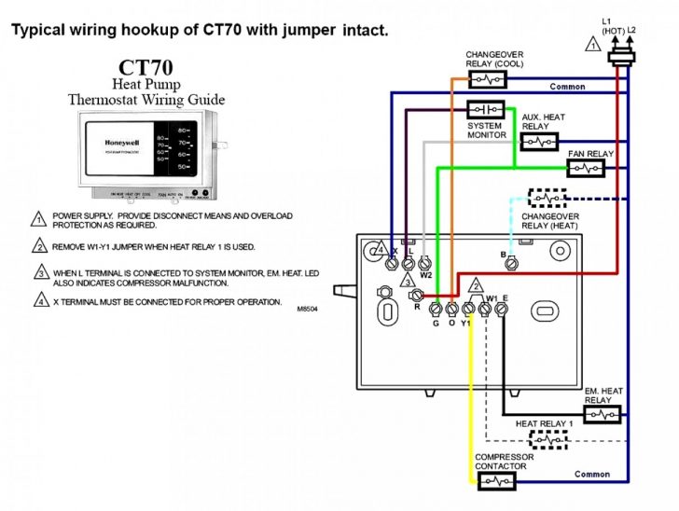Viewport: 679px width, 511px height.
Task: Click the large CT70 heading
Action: click(146, 68)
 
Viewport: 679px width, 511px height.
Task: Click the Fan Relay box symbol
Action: click(586, 168)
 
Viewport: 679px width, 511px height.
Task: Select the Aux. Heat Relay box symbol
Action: click(537, 142)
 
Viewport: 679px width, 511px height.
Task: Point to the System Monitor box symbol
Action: click(485, 109)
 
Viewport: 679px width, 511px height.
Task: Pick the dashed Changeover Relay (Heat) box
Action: click(547, 199)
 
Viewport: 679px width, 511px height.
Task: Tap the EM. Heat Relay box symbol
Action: click(602, 413)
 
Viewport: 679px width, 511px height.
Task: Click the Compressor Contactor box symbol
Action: click(496, 480)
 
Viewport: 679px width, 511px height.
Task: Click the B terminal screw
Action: click(511, 264)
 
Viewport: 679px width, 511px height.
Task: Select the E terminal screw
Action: click(502, 308)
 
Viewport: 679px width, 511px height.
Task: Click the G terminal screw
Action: click(436, 309)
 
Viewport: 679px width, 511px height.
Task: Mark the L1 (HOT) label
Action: click(611, 25)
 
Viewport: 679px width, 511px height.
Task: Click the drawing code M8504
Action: click(307, 309)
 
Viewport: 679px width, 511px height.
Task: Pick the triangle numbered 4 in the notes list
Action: click(40, 301)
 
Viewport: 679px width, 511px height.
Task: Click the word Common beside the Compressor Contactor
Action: click(592, 475)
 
